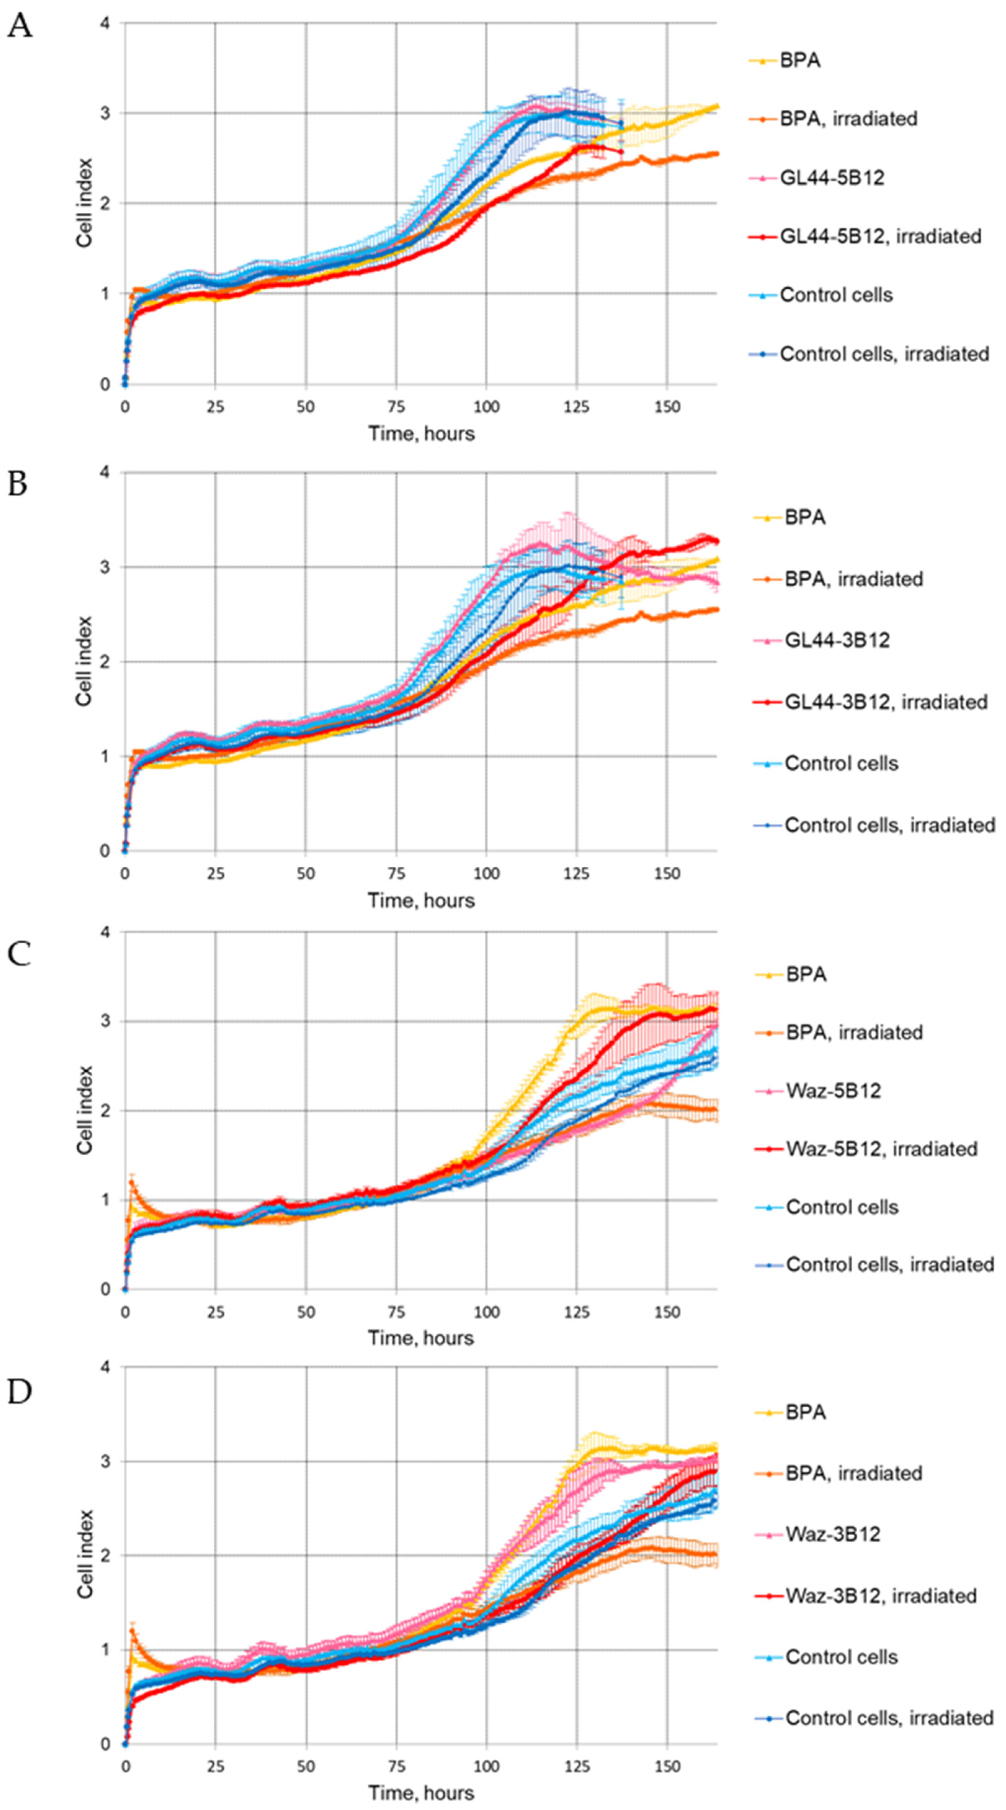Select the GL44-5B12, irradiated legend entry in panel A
[880, 236]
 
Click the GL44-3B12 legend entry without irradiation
[837, 640]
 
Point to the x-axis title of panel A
[421, 434]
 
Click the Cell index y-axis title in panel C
[85, 1110]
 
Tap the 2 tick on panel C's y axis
[106, 1111]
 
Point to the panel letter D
[20, 1392]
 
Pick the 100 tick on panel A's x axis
[486, 407]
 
